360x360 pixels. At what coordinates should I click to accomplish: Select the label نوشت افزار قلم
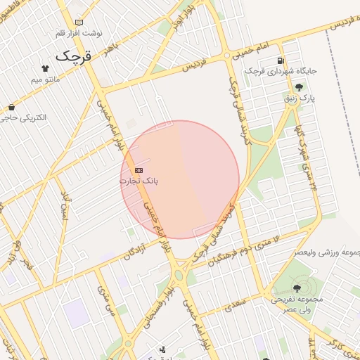tap(77, 33)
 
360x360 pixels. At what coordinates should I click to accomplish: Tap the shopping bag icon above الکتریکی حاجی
tap(12, 107)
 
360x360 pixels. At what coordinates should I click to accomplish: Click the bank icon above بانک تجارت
tap(139, 170)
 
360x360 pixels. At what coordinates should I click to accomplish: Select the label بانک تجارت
tap(139, 181)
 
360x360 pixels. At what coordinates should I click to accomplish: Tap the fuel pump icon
tap(281, 60)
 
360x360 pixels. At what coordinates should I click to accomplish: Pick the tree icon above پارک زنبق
tap(300, 87)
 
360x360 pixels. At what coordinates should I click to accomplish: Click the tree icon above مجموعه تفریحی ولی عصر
tap(296, 287)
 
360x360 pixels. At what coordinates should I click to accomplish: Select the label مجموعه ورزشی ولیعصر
tap(320, 252)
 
